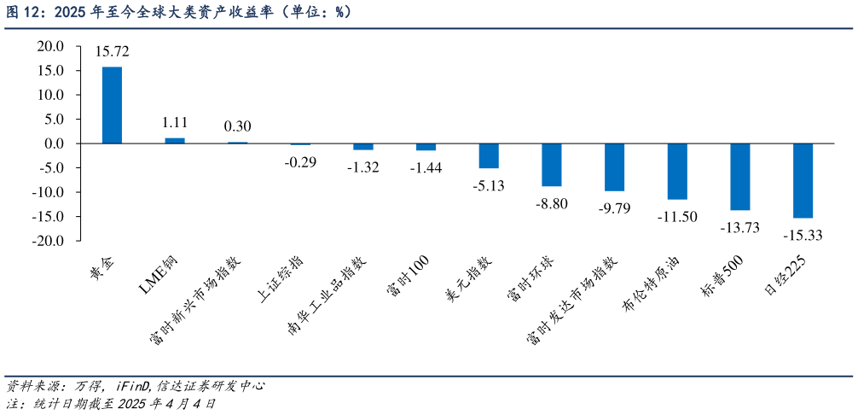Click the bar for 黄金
112,105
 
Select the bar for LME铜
175,141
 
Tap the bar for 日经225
803,181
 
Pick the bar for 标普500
739,177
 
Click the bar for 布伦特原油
677,172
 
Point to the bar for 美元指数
489,156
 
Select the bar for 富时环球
552,165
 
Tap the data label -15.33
802,236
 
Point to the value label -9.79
613,208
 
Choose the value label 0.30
237,126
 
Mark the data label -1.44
426,168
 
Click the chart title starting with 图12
179,13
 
